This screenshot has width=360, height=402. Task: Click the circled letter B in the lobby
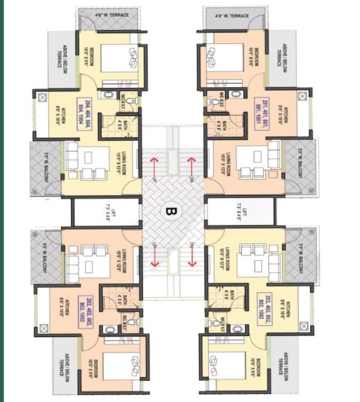(x=172, y=210)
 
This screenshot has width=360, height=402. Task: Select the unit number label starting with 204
(x=87, y=111)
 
